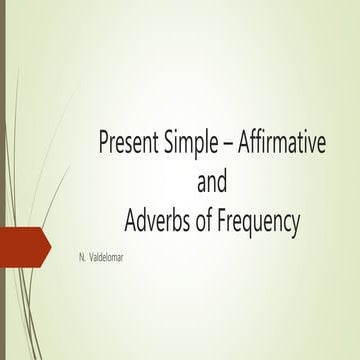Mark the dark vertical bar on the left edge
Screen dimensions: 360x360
(x=3, y=180)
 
